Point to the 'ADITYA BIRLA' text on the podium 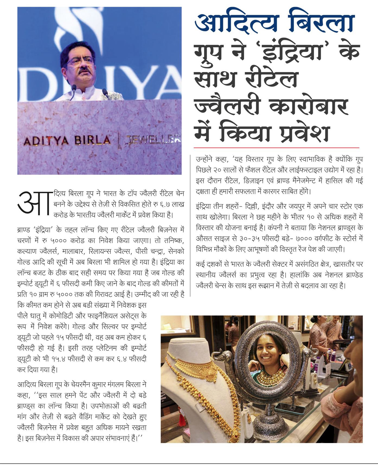[x=67, y=141]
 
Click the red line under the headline [x=276, y=148]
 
